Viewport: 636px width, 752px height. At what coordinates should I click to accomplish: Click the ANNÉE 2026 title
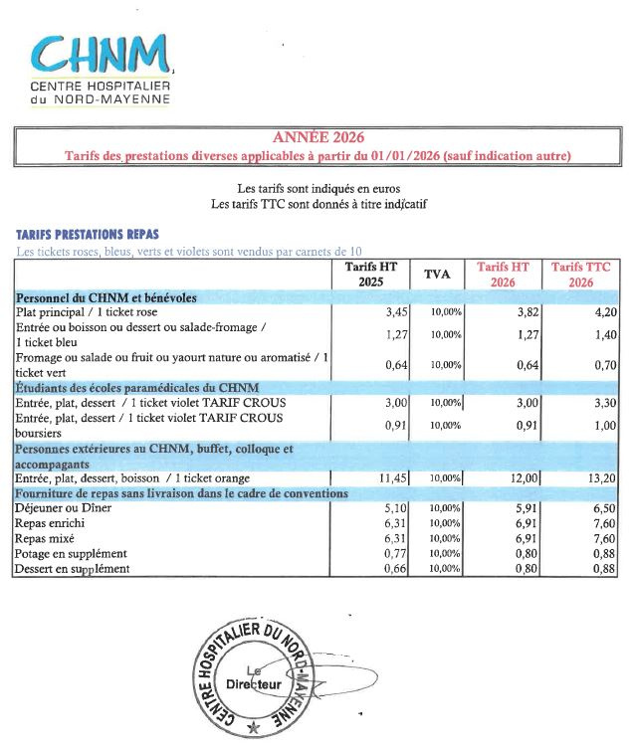[x=318, y=137]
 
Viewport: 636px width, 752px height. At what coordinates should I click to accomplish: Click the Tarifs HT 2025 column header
[x=363, y=274]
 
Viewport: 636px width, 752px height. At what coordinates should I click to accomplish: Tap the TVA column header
[x=438, y=274]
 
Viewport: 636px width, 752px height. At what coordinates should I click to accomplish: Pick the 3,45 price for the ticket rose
[x=383, y=312]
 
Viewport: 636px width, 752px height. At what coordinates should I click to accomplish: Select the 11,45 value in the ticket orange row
[x=379, y=478]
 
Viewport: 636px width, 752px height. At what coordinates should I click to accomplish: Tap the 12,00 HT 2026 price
[x=525, y=478]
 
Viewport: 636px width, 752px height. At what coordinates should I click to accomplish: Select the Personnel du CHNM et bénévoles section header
[x=106, y=296]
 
